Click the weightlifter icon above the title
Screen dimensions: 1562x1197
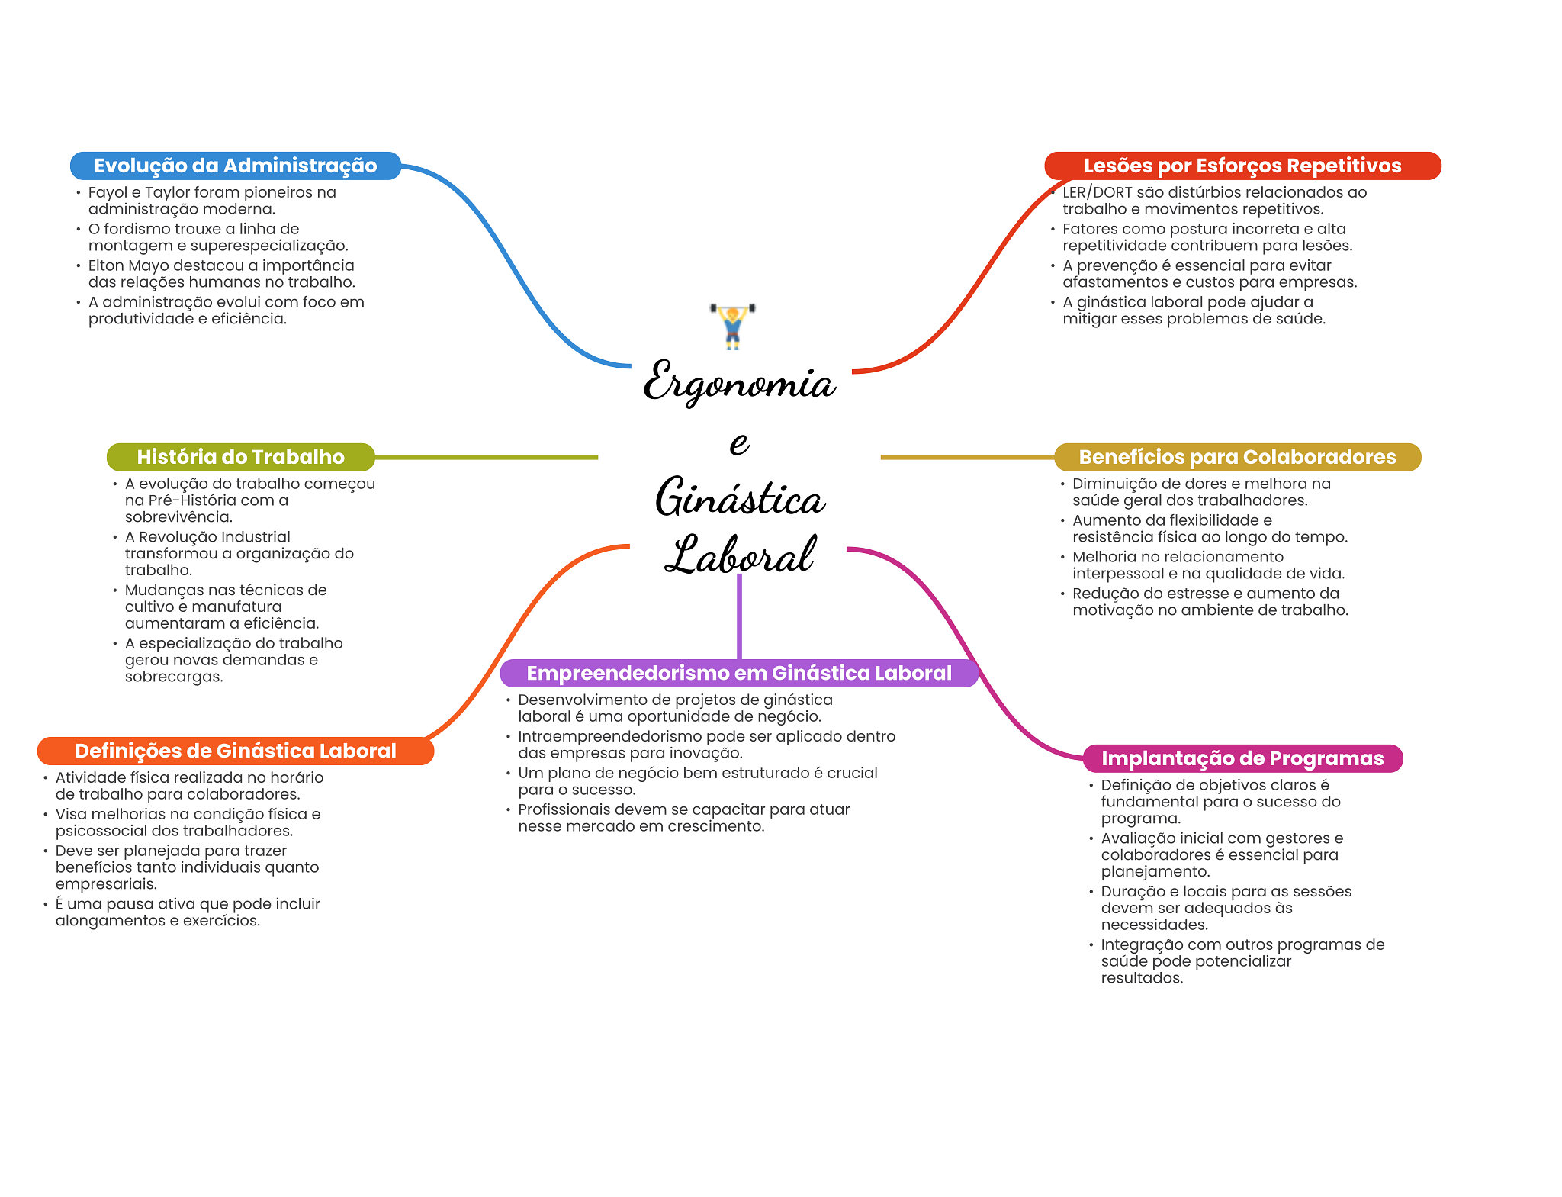pos(732,326)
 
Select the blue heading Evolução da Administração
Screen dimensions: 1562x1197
pos(235,166)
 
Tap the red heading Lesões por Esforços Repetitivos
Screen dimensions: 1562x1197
pos(1242,166)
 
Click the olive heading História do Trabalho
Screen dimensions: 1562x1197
pos(240,457)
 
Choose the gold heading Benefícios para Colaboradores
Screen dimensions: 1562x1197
pos(1237,457)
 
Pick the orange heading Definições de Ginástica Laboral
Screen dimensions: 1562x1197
pos(235,751)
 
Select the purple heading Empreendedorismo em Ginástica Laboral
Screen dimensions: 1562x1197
pos(738,673)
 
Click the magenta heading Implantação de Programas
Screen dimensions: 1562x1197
pos(1242,758)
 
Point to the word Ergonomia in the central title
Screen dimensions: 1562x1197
pos(738,382)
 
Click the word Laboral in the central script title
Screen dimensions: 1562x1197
pos(740,555)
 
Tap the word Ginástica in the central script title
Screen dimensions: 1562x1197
pos(740,498)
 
